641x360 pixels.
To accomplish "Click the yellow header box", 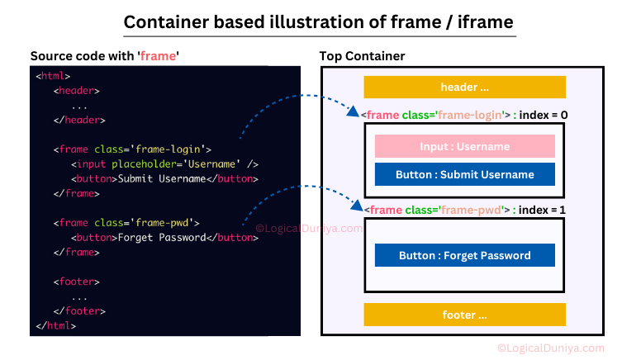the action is tap(464, 87).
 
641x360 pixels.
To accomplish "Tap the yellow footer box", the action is tap(464, 315).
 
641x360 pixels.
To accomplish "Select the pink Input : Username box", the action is tap(465, 146).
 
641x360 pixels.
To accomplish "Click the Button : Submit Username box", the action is tap(465, 174).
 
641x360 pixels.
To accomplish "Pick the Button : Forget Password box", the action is tap(465, 255).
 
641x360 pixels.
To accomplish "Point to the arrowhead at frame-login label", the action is tap(353, 111).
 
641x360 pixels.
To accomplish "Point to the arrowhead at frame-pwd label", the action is tap(358, 205).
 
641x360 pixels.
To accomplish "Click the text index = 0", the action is tap(544, 115).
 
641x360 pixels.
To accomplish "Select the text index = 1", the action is tap(542, 210).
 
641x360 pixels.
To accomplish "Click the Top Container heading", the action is tap(362, 56).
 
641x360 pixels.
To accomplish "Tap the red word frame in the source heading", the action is tap(159, 56).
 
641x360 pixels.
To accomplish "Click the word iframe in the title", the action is tap(485, 21).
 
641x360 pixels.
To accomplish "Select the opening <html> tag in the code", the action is tap(53, 76).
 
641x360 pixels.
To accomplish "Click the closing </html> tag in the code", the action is tap(55, 325).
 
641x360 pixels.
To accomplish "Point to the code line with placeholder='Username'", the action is tap(164, 164).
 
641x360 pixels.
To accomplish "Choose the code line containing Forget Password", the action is tap(164, 238).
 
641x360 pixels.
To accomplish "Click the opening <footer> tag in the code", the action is tap(77, 282).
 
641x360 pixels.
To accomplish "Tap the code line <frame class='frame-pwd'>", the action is tap(126, 223).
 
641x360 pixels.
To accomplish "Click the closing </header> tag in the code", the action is tap(79, 120).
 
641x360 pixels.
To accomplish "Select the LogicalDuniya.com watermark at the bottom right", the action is tap(551, 348).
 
